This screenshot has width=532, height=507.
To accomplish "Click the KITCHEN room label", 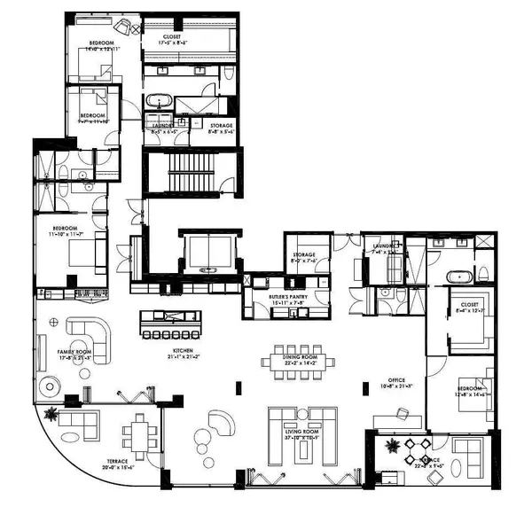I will point(183,352).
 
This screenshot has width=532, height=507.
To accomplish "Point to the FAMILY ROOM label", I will point(75,352).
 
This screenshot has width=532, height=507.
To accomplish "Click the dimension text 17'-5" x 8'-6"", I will point(175,42).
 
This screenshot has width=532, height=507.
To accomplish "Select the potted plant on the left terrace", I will point(52,413).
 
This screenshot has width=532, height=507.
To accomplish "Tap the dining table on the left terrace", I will point(140,435).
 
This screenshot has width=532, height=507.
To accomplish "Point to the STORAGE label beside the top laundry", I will point(221,126).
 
